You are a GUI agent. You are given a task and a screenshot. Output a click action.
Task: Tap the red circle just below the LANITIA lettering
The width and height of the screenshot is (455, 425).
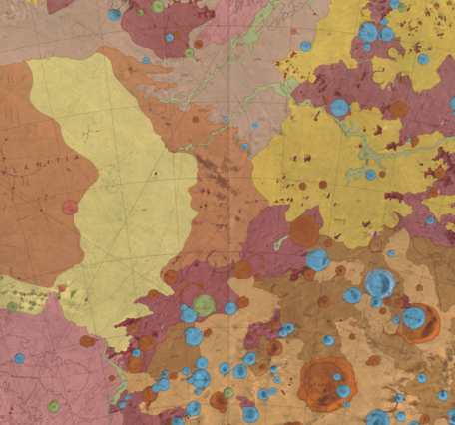click(x=70, y=208)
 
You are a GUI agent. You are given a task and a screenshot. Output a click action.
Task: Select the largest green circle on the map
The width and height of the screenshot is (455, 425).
click(x=204, y=304)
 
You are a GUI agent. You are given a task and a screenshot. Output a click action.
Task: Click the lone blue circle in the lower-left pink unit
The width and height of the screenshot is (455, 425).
click(x=19, y=358)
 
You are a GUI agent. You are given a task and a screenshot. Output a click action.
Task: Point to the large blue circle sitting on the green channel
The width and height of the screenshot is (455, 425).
click(x=339, y=108)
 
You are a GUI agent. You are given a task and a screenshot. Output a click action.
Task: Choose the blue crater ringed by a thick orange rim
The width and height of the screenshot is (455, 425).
click(x=415, y=319)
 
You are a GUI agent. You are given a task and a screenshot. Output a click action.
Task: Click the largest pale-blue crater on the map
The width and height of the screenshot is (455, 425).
click(x=379, y=283)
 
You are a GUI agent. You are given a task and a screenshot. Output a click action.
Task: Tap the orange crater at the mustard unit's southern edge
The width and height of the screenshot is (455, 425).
click(x=304, y=231)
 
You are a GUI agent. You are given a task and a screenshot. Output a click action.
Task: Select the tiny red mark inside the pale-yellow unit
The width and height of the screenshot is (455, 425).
click(x=156, y=174)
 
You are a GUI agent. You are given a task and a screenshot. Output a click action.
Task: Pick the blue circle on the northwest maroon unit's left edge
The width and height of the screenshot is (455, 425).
click(x=114, y=15)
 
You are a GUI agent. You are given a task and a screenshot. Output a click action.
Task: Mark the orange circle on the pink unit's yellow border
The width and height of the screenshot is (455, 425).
click(x=87, y=341)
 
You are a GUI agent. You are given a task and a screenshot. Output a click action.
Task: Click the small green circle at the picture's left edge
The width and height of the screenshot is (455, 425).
click(x=11, y=306)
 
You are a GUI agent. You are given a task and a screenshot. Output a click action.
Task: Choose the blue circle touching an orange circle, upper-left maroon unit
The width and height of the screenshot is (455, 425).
click(x=168, y=38)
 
